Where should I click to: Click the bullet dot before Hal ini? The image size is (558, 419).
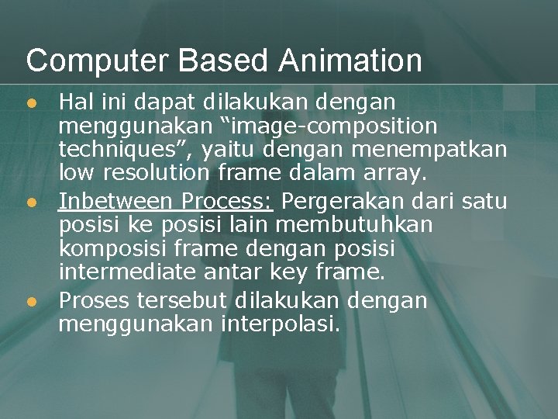31,102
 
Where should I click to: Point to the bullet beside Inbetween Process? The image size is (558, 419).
31,203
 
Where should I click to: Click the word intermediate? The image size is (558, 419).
128,272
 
